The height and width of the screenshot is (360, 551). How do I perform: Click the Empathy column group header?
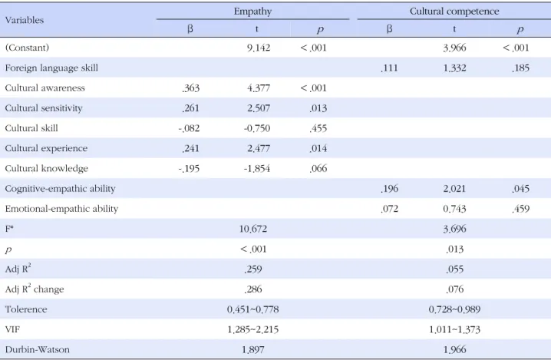click(x=252, y=12)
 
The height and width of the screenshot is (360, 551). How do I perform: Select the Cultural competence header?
click(x=454, y=12)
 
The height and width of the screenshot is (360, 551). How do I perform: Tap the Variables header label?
click(x=25, y=20)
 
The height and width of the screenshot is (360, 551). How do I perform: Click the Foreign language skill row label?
click(x=51, y=68)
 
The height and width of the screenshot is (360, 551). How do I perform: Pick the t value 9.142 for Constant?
click(x=259, y=48)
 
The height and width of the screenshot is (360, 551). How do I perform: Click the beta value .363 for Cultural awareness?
click(x=191, y=88)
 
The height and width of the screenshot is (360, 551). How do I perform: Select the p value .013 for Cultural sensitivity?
click(x=318, y=108)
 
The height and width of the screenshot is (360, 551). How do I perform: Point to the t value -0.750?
click(x=257, y=128)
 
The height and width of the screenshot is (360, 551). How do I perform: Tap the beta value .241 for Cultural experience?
click(x=191, y=148)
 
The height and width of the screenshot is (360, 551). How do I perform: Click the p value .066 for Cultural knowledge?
click(x=318, y=168)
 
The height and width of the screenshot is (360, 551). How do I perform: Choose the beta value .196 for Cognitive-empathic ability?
click(x=389, y=188)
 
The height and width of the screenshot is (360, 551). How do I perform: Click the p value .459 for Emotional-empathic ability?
click(x=520, y=209)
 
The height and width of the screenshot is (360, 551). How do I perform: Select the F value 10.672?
click(x=253, y=229)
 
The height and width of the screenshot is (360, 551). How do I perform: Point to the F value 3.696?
click(x=454, y=229)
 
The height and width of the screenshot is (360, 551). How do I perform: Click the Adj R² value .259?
click(x=253, y=269)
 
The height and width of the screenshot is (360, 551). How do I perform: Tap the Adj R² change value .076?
click(x=454, y=289)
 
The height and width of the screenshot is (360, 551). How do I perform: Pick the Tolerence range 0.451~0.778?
click(x=253, y=309)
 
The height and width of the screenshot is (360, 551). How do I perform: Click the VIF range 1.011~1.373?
click(x=454, y=329)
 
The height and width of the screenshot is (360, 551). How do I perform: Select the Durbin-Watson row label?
click(x=38, y=349)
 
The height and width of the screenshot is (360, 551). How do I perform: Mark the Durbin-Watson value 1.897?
click(x=253, y=349)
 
